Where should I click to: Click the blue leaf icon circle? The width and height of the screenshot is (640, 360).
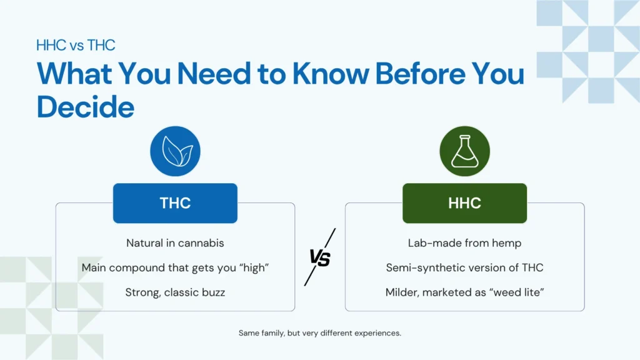(175, 151)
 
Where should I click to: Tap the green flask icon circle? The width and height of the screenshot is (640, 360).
(464, 151)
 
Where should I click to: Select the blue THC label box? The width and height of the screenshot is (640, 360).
(175, 203)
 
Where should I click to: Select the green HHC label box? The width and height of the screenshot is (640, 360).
(464, 203)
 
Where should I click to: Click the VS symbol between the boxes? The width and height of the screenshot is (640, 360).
(320, 257)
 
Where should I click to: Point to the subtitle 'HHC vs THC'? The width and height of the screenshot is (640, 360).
(76, 45)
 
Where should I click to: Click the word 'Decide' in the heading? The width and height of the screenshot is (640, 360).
(86, 107)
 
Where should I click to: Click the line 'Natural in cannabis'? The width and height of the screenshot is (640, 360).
(175, 243)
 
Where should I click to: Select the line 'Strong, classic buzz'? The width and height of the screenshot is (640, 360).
(175, 292)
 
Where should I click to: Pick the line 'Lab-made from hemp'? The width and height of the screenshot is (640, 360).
(464, 243)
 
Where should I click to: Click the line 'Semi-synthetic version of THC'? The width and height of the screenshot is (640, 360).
(464, 267)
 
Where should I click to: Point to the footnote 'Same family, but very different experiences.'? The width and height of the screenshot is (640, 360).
(319, 333)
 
